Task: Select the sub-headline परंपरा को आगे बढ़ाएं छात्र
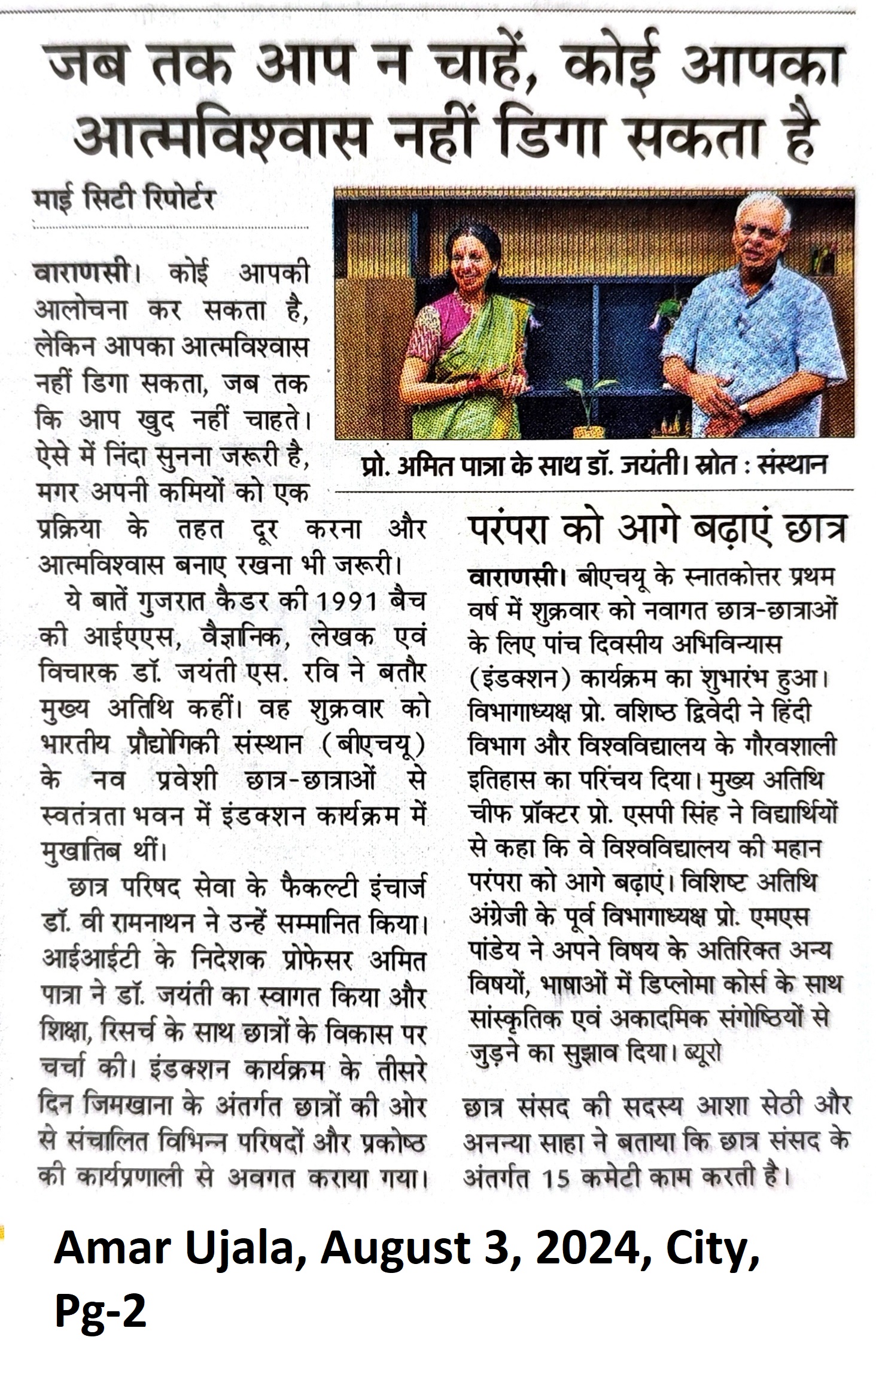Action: (x=656, y=529)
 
